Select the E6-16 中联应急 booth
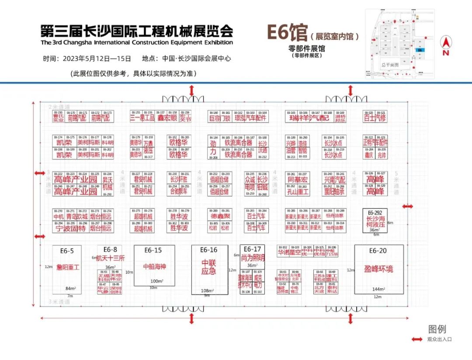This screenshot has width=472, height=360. pyautogui.click(x=209, y=269)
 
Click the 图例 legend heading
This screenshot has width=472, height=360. pyautogui.click(x=437, y=329)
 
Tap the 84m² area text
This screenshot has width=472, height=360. pyautogui.click(x=69, y=288)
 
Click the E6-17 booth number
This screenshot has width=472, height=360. pyautogui.click(x=252, y=249)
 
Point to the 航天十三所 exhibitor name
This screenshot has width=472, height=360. pyautogui.click(x=110, y=258)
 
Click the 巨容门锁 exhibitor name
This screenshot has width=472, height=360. pyautogui.click(x=219, y=118)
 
